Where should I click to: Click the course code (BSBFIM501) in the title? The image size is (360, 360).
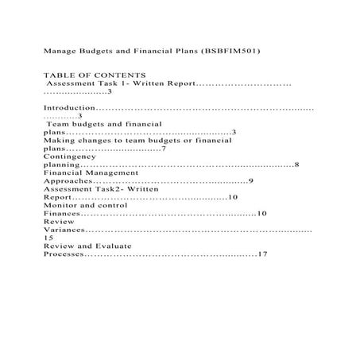[x=236, y=50]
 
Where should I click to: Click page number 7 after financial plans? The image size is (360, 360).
[x=163, y=149]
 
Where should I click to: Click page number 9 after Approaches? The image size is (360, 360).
[x=250, y=181]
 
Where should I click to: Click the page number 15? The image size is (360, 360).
[x=48, y=238]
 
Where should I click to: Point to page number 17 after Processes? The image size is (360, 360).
[x=263, y=254]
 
